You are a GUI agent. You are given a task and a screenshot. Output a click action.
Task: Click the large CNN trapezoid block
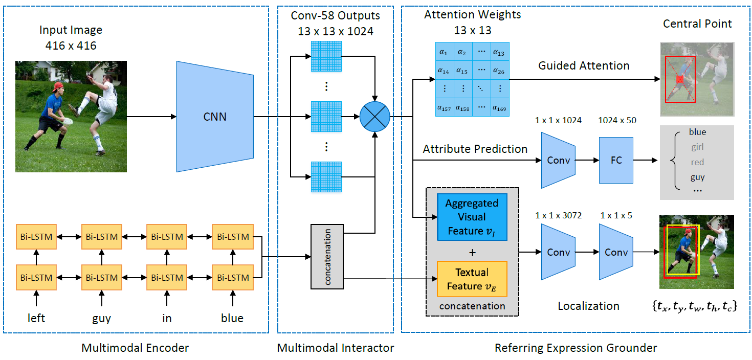214,117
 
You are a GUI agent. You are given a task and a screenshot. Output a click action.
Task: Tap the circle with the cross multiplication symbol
375,116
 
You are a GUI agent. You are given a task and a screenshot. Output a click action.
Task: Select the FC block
616,160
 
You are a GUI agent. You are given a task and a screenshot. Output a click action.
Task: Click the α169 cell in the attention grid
499,107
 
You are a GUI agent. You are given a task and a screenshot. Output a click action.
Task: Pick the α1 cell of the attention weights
444,52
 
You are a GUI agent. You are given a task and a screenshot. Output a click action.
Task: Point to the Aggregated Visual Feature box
472,217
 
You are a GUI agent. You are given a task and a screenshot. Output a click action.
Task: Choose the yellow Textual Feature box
472,279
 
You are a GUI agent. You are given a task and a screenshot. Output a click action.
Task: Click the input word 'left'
36,318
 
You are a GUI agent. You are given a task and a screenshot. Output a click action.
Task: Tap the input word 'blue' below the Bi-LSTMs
232,318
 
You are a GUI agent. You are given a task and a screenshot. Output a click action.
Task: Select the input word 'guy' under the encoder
101,318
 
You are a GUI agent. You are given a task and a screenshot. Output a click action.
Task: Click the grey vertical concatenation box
327,256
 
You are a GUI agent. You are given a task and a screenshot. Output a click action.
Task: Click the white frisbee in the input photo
66,121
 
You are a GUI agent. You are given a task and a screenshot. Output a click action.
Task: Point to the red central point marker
680,79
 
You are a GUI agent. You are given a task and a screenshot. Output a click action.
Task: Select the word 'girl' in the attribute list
697,147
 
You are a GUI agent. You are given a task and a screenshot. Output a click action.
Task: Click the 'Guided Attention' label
584,65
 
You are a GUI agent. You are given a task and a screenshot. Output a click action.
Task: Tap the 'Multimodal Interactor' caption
336,348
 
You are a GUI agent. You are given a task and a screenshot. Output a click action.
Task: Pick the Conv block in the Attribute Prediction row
558,160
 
